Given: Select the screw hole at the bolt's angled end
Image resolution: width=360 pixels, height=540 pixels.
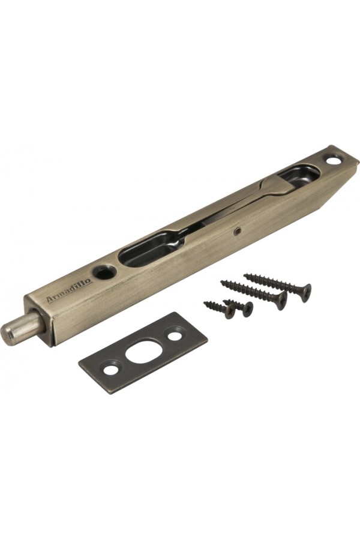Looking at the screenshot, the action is point(333,160).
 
